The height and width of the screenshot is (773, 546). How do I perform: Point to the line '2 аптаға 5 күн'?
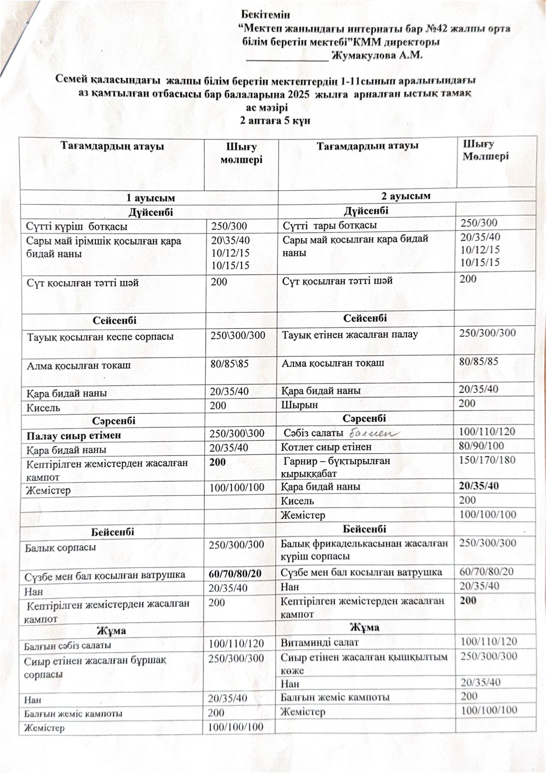click(x=275, y=121)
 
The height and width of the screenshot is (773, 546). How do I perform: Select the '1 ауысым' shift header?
click(x=150, y=198)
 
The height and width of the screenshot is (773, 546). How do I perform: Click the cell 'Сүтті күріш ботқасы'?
click(x=77, y=226)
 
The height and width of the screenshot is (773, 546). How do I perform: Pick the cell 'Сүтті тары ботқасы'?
click(x=330, y=225)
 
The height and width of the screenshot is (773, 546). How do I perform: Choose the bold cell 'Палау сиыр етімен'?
click(x=73, y=435)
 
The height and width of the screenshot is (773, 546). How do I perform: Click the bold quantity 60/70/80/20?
click(x=235, y=573)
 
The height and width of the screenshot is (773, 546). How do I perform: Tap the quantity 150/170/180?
click(x=487, y=459)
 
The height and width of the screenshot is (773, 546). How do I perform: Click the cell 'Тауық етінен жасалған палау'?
click(x=350, y=334)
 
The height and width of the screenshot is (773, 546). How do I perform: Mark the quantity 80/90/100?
click(x=481, y=446)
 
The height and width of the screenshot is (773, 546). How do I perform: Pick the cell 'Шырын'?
click(x=299, y=404)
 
